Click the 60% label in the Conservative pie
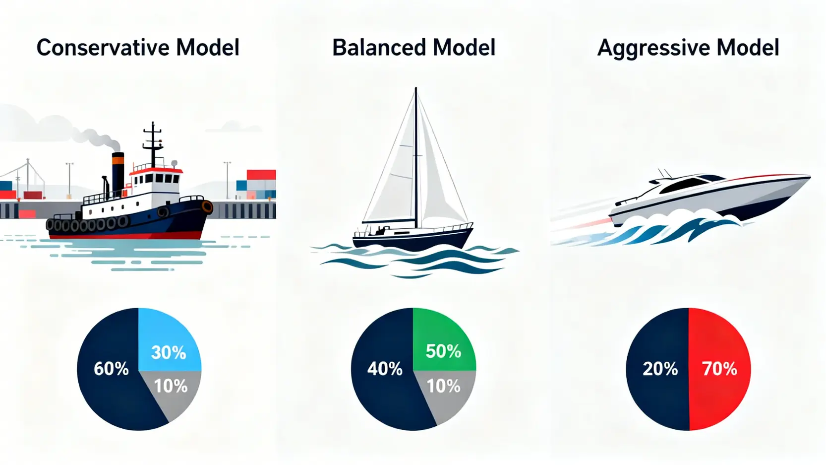point(111,369)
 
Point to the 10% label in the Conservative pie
point(171,386)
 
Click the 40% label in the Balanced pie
point(385,369)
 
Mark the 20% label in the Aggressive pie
point(660,369)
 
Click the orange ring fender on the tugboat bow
point(207,207)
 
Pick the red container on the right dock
point(261,175)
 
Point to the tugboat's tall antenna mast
point(153,144)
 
